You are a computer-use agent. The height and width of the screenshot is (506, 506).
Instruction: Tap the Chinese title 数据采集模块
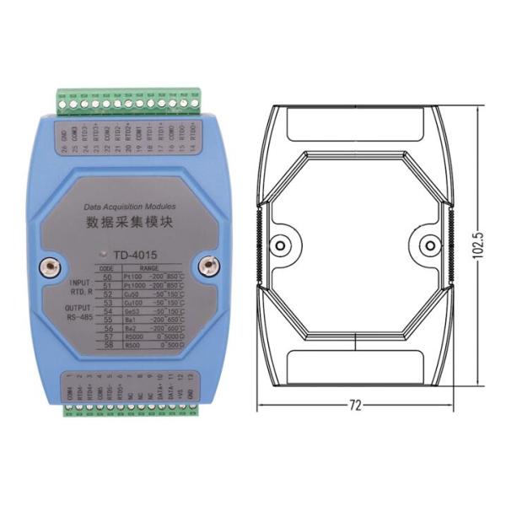tap(127, 223)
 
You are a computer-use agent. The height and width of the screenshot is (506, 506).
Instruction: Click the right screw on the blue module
tap(205, 267)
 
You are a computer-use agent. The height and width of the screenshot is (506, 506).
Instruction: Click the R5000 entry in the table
tap(132, 335)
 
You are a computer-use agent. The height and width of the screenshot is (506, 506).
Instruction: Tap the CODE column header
tap(107, 266)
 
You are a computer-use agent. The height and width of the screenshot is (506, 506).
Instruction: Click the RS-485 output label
tap(82, 318)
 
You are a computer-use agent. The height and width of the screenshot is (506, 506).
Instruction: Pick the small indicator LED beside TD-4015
tap(102, 252)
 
